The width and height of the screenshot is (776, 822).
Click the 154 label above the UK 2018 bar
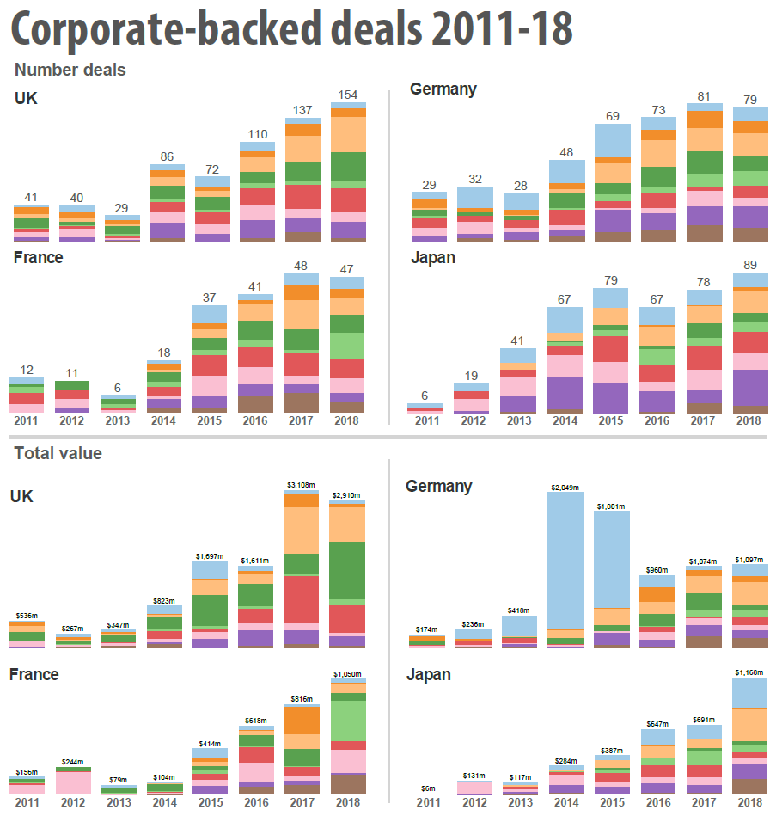click(348, 94)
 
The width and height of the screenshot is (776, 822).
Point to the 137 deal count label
click(302, 110)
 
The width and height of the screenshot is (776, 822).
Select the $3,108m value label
click(302, 486)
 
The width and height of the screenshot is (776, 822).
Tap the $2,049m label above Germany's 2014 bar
click(566, 487)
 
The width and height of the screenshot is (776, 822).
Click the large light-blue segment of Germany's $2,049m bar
click(566, 559)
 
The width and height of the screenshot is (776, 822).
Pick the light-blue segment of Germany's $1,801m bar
click(612, 559)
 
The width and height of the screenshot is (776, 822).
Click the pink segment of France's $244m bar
click(73, 782)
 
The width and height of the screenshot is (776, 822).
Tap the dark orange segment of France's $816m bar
click(302, 720)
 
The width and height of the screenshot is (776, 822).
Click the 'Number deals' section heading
click(70, 70)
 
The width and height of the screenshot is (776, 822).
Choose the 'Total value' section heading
click(58, 453)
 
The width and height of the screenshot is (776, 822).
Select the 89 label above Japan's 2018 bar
click(750, 265)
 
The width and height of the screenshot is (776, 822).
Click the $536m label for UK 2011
click(27, 615)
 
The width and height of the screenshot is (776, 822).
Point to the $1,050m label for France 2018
click(348, 673)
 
